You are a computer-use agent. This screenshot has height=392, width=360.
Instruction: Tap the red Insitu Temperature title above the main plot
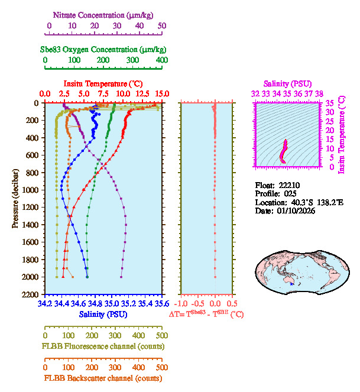click(103, 83)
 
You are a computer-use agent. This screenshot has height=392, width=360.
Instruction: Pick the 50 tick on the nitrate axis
click(162, 25)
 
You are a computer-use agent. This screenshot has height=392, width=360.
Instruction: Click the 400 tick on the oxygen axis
click(162, 60)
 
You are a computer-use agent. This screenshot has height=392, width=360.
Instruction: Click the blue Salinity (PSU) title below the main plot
click(103, 315)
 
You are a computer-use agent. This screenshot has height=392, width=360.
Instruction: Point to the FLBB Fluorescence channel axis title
click(103, 346)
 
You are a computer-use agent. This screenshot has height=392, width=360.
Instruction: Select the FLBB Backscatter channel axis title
click(103, 378)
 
